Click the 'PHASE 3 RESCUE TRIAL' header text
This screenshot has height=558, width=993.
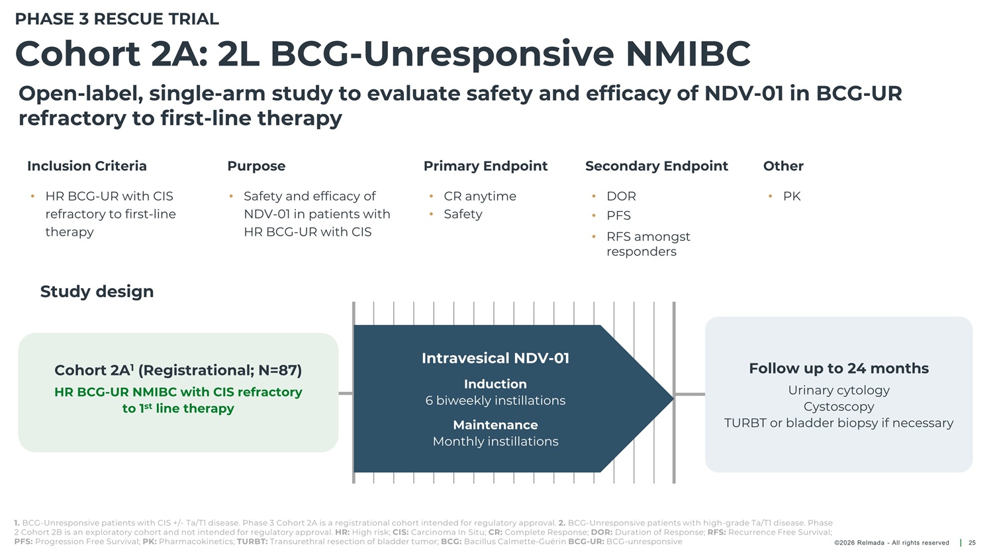pos(117,19)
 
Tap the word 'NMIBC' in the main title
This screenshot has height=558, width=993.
pos(688,54)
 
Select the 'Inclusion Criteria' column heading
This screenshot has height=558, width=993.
pos(87,165)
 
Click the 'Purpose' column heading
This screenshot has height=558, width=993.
pos(256,166)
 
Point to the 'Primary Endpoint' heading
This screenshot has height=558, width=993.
pos(485,166)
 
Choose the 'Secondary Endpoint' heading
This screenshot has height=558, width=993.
pos(657,166)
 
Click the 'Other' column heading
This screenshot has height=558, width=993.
pos(783,165)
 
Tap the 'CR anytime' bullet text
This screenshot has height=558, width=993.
pos(480,197)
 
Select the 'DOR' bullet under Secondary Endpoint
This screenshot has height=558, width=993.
pos(621,197)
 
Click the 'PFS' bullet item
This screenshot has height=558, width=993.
pos(618,215)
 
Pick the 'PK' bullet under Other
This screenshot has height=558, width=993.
pos(792,197)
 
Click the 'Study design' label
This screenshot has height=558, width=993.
pos(97,292)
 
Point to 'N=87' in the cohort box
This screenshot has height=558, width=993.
pos(280,370)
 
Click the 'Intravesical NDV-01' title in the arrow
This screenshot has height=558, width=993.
pos(495,358)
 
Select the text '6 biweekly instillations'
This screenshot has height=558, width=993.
pos(495,400)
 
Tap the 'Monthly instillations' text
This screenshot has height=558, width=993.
pos(495,442)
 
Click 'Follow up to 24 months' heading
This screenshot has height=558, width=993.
pos(839,368)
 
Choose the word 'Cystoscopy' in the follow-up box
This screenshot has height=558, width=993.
pos(839,407)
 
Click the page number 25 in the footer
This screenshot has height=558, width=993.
pos(972,543)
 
